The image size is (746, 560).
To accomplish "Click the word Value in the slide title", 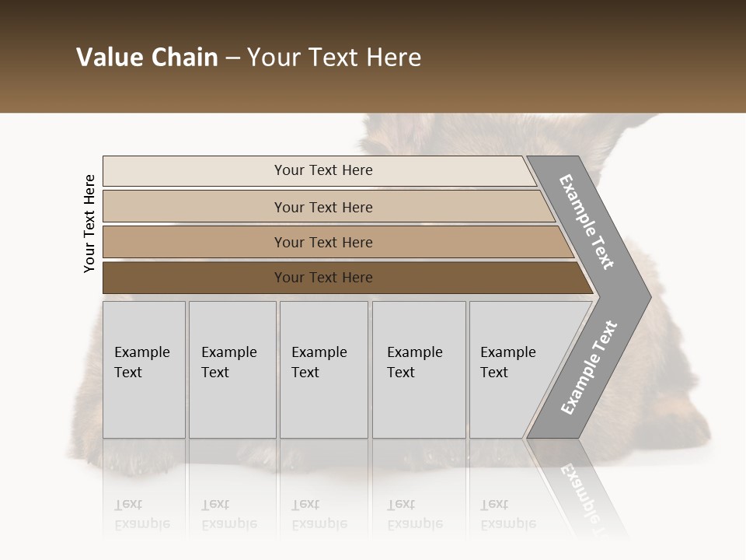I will [x=109, y=58].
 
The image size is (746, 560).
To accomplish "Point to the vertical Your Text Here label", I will [x=89, y=223].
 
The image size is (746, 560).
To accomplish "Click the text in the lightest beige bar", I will [x=323, y=170].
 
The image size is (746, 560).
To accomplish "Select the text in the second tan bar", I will [x=323, y=207].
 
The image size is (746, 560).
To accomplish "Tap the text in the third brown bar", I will [x=323, y=242].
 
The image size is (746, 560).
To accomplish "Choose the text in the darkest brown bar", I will [x=323, y=278].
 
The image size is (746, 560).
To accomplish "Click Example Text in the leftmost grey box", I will [x=141, y=362].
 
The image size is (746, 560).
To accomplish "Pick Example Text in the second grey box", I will [x=228, y=362].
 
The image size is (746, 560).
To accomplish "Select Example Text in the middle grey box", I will [x=319, y=362].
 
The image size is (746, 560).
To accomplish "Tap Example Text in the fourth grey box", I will [x=414, y=362].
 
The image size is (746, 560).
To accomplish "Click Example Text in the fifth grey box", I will [x=507, y=362].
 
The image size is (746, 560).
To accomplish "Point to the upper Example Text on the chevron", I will [x=587, y=222].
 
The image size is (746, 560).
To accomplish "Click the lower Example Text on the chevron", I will [x=589, y=367].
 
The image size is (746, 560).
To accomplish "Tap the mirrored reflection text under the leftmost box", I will [x=141, y=514].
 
